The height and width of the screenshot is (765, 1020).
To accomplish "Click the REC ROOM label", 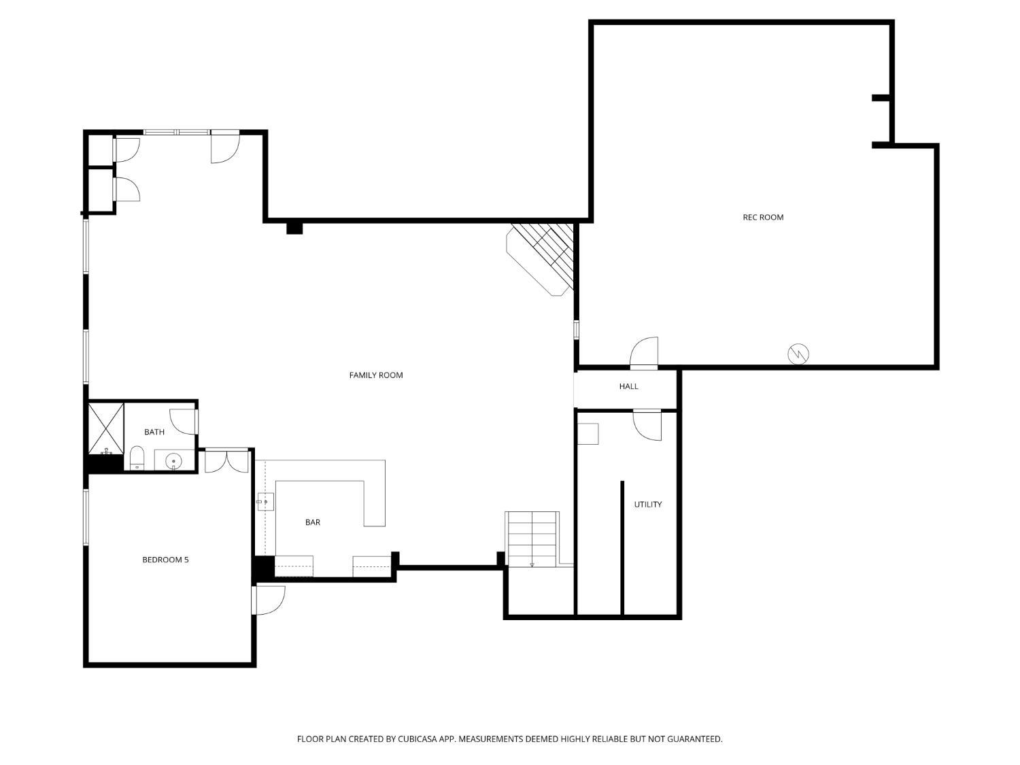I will (x=762, y=218).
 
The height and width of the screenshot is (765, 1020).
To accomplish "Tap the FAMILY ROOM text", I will (x=375, y=375).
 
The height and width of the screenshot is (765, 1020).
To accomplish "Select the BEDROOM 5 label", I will (x=165, y=560).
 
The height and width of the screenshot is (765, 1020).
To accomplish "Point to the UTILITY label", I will (x=647, y=505).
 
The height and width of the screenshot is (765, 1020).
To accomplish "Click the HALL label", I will (x=628, y=386).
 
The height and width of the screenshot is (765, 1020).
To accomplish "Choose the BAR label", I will (x=312, y=522).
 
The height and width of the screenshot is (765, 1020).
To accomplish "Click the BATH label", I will (x=154, y=432).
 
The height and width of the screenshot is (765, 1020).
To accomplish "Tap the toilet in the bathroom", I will (x=137, y=458).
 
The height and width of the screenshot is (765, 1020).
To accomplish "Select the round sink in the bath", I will (x=173, y=461).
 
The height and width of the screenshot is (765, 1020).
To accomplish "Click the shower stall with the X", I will (x=106, y=428).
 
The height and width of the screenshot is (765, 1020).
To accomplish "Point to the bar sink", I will (x=265, y=503).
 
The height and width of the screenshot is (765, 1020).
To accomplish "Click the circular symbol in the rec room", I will (x=798, y=354).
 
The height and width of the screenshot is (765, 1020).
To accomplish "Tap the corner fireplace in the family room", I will (x=541, y=258).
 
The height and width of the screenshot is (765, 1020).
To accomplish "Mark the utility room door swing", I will (x=648, y=426).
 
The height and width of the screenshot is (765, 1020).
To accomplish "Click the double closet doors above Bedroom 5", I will (x=227, y=460).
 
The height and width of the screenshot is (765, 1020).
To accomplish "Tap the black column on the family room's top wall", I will (x=294, y=228).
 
